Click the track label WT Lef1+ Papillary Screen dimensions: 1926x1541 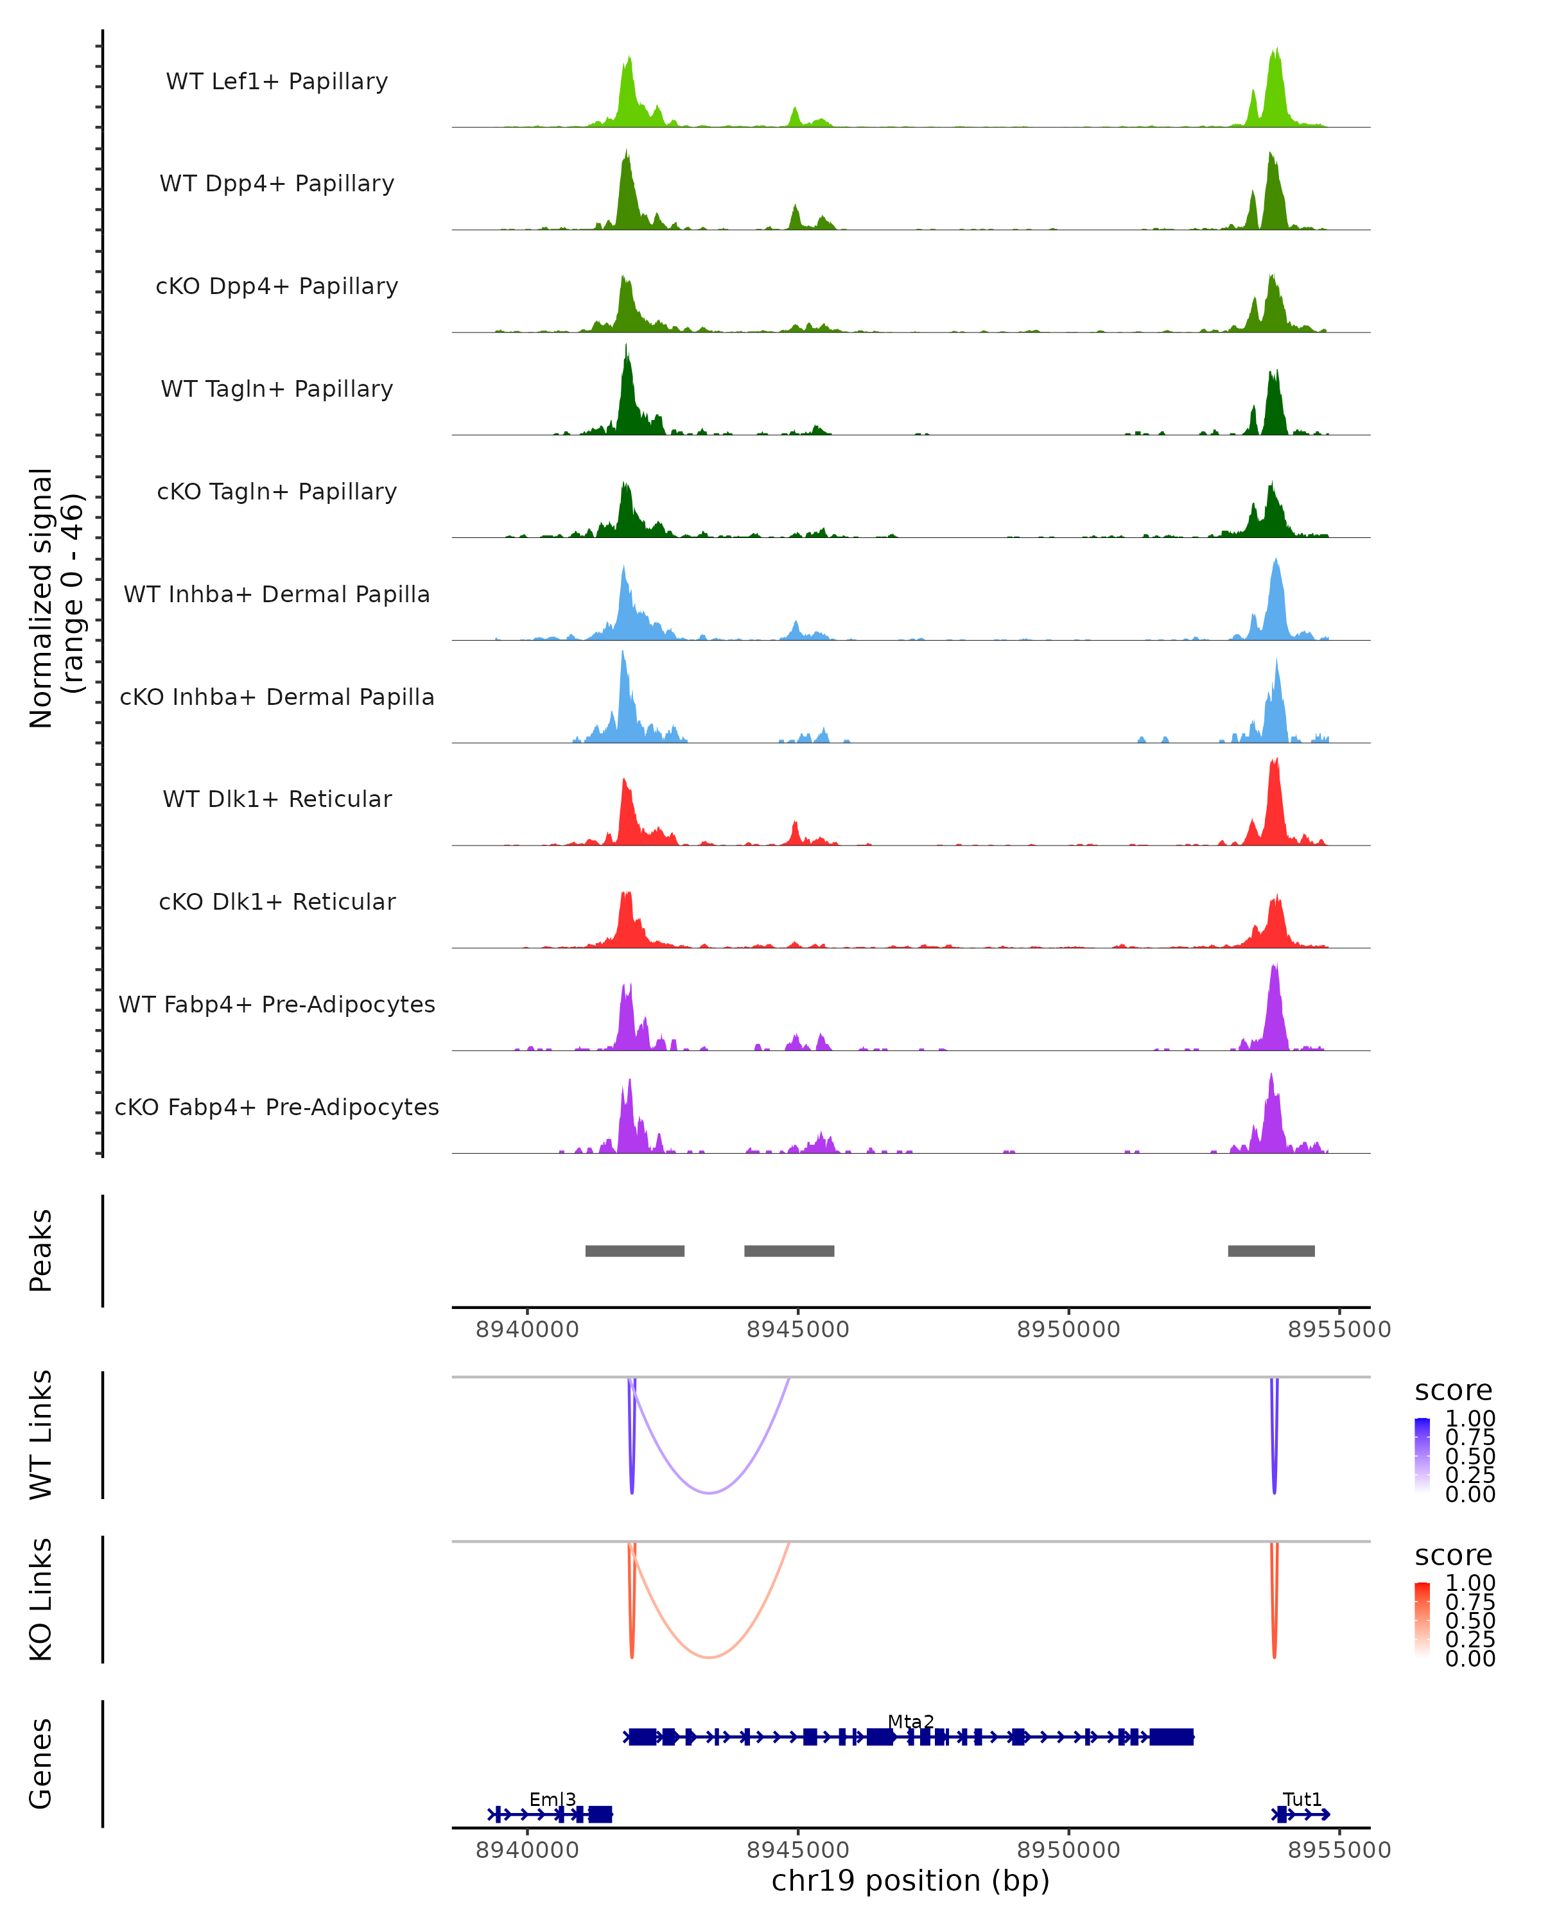(277, 82)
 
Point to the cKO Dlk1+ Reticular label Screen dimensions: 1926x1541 (277, 901)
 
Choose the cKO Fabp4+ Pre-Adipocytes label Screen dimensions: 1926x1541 (277, 1107)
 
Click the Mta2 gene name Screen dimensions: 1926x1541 (910, 1721)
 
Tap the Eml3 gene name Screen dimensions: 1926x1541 (552, 1799)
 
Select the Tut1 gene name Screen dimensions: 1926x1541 (1302, 1799)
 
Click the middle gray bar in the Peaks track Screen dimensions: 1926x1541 (789, 1251)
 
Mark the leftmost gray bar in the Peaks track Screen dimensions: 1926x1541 (634, 1251)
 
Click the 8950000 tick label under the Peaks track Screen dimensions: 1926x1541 (1068, 1330)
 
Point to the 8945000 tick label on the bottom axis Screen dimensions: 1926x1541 (797, 1850)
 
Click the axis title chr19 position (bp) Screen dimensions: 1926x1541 (910, 1881)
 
